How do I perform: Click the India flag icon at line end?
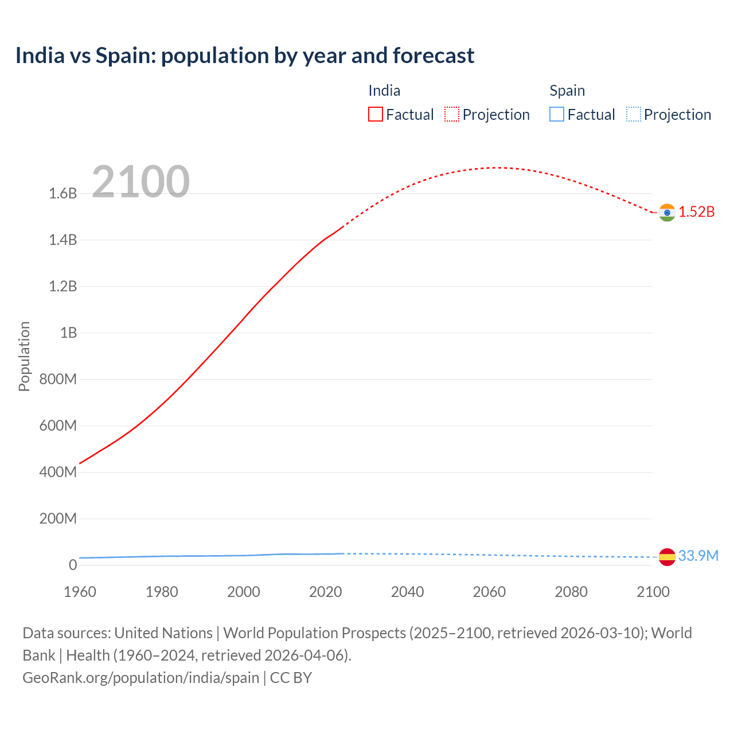(667, 213)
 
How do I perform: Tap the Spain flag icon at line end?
(667, 557)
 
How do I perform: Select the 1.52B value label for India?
(697, 212)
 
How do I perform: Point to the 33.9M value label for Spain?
(698, 556)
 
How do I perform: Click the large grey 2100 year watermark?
(140, 182)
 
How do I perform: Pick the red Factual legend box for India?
(375, 115)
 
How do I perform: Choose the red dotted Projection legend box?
(452, 115)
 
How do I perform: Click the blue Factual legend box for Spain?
(556, 115)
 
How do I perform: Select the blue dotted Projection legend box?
(633, 115)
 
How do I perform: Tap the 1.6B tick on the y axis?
(63, 194)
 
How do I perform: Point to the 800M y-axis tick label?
(58, 380)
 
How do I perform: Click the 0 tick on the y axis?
(72, 565)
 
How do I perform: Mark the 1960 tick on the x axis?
(80, 592)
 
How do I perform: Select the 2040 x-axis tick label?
(407, 592)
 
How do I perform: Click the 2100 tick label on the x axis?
(653, 592)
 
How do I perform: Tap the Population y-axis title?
(24, 356)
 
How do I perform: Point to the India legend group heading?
(384, 91)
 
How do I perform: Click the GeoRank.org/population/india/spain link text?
(141, 678)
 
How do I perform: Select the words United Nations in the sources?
(163, 633)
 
